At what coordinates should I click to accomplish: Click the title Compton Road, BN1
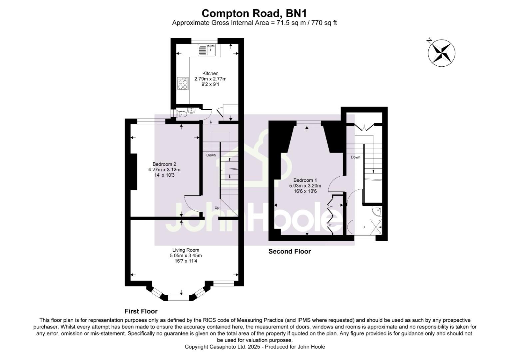tap(254, 13)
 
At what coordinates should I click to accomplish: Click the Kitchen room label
tap(210, 73)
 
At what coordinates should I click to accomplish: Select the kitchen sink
tap(208, 50)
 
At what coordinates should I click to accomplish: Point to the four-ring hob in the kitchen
tap(183, 83)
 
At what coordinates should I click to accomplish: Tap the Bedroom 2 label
tap(164, 164)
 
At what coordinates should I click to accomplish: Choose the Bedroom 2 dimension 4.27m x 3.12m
tap(164, 169)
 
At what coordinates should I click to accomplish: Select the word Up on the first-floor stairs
tap(217, 208)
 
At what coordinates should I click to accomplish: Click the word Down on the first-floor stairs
tap(211, 155)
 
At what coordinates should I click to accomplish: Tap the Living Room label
tap(186, 250)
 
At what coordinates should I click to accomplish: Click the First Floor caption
tap(141, 311)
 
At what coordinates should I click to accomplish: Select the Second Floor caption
tap(289, 252)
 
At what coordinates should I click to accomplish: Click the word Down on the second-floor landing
tap(355, 157)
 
